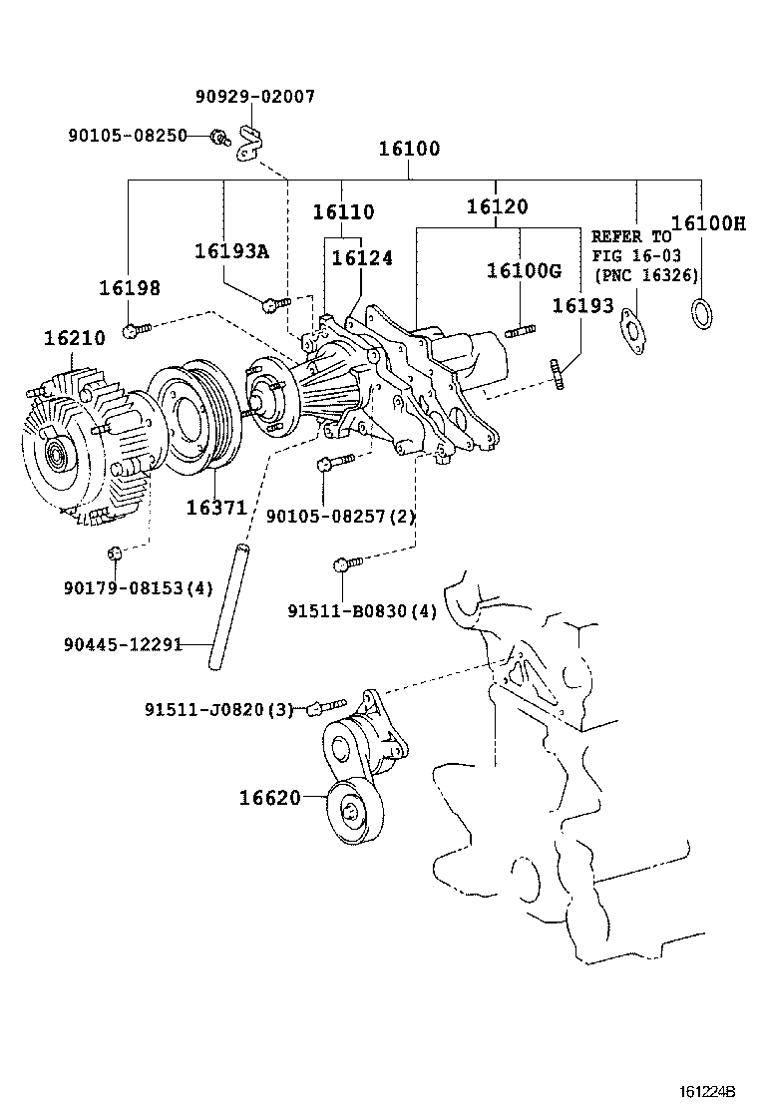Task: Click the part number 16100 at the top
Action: pyautogui.click(x=409, y=150)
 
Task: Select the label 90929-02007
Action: pyautogui.click(x=254, y=97)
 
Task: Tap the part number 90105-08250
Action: pyautogui.click(x=128, y=135)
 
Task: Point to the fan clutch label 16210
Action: pyautogui.click(x=74, y=338)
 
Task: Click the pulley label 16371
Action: pyautogui.click(x=215, y=508)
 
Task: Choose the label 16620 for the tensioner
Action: pyautogui.click(x=268, y=798)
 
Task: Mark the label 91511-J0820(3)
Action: pyautogui.click(x=218, y=709)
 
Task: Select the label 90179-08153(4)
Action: pyautogui.click(x=137, y=588)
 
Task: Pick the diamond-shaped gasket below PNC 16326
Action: pyautogui.click(x=629, y=330)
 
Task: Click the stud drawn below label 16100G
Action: pyautogui.click(x=522, y=330)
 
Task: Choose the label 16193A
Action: pyautogui.click(x=231, y=251)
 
